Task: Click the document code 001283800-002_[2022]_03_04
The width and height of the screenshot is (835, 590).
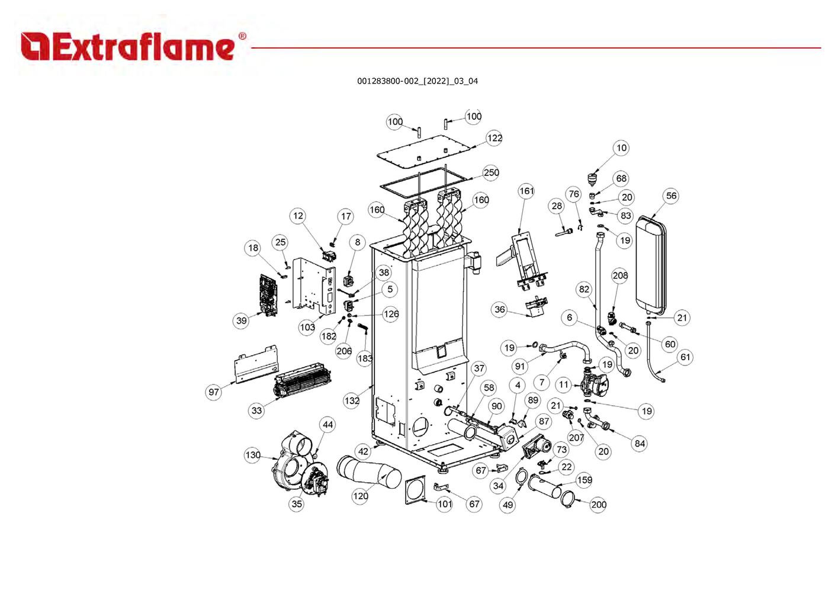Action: pos(417,81)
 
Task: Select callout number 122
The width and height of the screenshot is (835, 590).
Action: pos(494,138)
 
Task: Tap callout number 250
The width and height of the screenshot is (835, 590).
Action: pos(491,173)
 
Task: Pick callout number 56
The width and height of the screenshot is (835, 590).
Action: pos(670,196)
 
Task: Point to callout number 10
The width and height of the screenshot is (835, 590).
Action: pos(621,148)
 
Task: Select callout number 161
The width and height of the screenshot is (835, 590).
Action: pos(526,191)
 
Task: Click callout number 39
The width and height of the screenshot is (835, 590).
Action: pos(241,320)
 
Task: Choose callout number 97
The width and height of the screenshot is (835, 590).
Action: pos(213,392)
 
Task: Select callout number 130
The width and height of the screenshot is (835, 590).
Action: pos(252,455)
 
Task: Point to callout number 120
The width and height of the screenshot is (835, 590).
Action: pos(360,496)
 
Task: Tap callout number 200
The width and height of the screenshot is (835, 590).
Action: pos(598,505)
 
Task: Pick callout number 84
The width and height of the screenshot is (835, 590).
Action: pos(639,443)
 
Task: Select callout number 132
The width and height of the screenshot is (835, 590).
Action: pos(351,400)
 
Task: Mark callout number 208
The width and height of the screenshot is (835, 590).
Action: pos(619,275)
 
